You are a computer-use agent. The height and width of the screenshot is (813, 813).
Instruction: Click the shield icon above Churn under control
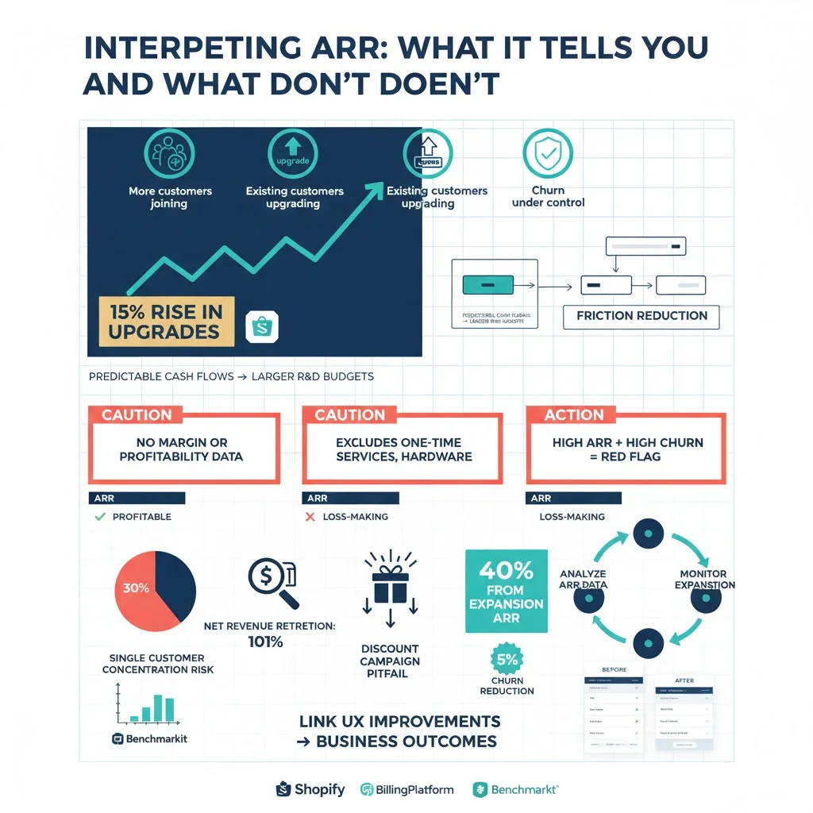(547, 154)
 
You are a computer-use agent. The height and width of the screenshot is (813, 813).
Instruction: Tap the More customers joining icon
(170, 154)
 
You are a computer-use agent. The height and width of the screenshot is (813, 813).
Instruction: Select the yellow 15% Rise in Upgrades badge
(166, 321)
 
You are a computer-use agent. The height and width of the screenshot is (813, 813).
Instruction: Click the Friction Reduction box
(642, 316)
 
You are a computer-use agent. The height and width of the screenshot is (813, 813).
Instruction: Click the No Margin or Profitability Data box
(183, 449)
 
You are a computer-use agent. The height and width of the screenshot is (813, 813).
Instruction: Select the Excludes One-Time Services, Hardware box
(403, 449)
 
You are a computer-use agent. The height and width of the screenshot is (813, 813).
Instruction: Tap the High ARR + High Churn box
(626, 449)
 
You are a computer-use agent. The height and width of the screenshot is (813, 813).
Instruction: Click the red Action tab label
(574, 415)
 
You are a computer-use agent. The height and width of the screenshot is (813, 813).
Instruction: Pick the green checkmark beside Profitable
(100, 517)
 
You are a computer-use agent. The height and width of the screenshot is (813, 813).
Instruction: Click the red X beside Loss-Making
(310, 517)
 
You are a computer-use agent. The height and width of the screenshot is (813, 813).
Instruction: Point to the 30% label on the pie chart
(136, 588)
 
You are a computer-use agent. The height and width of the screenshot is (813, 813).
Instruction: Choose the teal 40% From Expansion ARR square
(506, 591)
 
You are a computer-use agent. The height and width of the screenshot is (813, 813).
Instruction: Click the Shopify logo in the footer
(310, 789)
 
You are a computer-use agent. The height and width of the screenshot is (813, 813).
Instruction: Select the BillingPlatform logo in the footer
(407, 789)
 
